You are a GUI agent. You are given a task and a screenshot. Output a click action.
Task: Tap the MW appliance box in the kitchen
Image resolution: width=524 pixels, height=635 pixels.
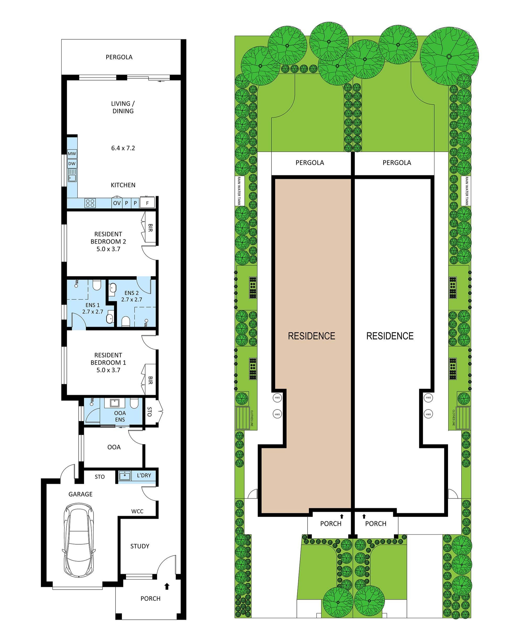[x=72, y=154]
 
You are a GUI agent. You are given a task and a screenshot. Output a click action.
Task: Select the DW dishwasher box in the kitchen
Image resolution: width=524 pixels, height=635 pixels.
[x=72, y=164]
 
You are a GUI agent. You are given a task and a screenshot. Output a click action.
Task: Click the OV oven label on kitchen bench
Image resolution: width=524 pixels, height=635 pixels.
[x=117, y=203]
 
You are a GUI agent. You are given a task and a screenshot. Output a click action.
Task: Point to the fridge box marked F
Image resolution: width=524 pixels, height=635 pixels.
[x=147, y=203]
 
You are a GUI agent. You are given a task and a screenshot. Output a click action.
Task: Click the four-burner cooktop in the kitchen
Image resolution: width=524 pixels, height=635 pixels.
[x=90, y=203]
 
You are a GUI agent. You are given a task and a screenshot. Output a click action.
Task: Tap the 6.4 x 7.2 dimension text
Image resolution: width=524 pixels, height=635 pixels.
[x=123, y=148]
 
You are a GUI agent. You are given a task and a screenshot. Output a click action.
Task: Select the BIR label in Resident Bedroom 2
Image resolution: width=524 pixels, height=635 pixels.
[x=150, y=228]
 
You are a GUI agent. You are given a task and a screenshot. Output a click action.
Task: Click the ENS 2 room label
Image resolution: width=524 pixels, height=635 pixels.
[x=132, y=293]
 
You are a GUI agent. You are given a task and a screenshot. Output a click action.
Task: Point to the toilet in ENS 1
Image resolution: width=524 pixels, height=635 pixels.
[x=96, y=285]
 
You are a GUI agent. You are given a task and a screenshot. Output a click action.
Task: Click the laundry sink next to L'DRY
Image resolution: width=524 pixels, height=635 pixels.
[x=124, y=476]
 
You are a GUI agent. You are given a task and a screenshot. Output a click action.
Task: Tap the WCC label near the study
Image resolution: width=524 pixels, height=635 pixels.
[x=137, y=511]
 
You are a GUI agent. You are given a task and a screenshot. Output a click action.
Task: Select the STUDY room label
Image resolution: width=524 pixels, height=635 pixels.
[x=140, y=546]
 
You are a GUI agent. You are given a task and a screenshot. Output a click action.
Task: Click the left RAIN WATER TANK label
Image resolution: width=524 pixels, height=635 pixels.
[x=239, y=191]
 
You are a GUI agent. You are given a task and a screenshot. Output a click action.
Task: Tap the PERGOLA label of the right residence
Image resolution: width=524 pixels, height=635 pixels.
[x=397, y=163]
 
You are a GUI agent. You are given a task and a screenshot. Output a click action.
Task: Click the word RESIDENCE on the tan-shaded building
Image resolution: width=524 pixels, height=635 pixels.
[x=311, y=336]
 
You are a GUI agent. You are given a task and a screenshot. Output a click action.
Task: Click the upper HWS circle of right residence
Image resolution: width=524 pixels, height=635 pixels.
[x=428, y=398]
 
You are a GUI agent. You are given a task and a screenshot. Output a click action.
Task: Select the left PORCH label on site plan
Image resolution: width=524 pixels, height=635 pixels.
[x=331, y=524]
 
